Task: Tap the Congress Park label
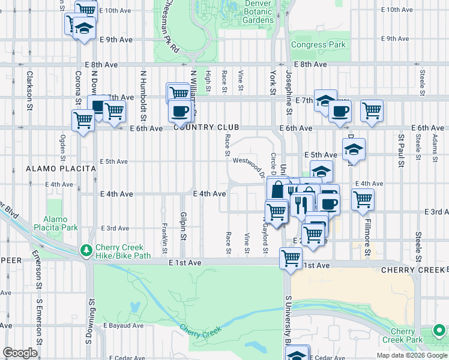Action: point(318,45)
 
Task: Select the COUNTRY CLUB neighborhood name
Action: point(206,128)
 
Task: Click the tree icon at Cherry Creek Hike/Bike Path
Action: point(87,250)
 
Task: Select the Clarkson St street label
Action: point(28,91)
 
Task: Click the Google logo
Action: point(19,353)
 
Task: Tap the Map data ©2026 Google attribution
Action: point(411,355)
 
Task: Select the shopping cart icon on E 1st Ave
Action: point(291,259)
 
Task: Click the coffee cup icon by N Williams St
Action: point(179,111)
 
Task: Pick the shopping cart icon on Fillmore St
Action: point(363,199)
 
